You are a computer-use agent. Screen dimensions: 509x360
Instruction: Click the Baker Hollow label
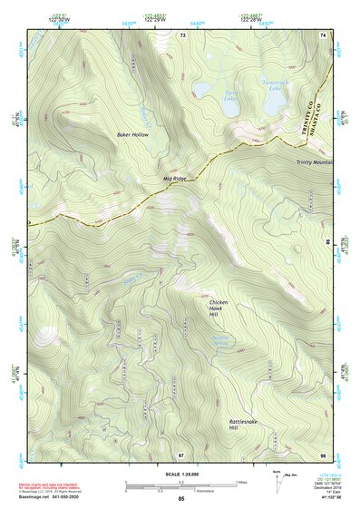pos(131,134)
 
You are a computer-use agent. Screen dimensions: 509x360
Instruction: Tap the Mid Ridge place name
pos(174,179)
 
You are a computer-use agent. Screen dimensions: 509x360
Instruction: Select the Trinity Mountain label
pos(314,162)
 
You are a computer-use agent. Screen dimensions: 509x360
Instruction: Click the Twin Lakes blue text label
pos(232,93)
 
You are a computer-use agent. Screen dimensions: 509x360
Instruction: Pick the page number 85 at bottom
pos(180,500)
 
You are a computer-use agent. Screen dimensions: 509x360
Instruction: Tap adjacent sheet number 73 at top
pos(181,34)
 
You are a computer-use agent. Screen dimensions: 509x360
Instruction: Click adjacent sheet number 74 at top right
pos(322,34)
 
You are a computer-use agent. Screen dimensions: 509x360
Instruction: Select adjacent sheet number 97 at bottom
pos(181,455)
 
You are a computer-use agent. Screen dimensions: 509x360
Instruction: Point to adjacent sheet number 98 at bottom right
pos(322,455)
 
